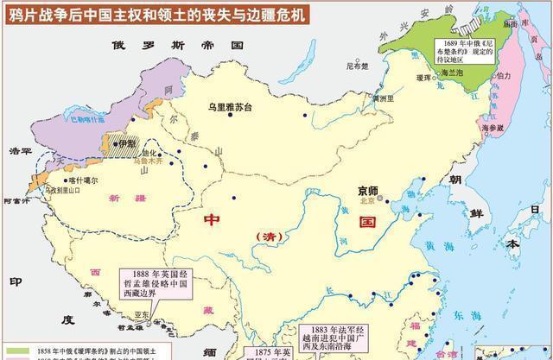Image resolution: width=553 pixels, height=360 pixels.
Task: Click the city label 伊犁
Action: point(125,144)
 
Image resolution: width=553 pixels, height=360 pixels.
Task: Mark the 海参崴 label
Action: point(492,128)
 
